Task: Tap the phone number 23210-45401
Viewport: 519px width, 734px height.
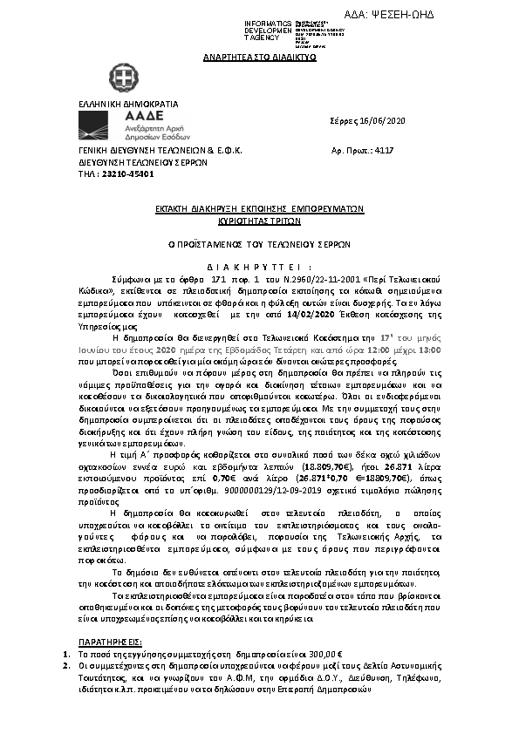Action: tap(110, 173)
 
